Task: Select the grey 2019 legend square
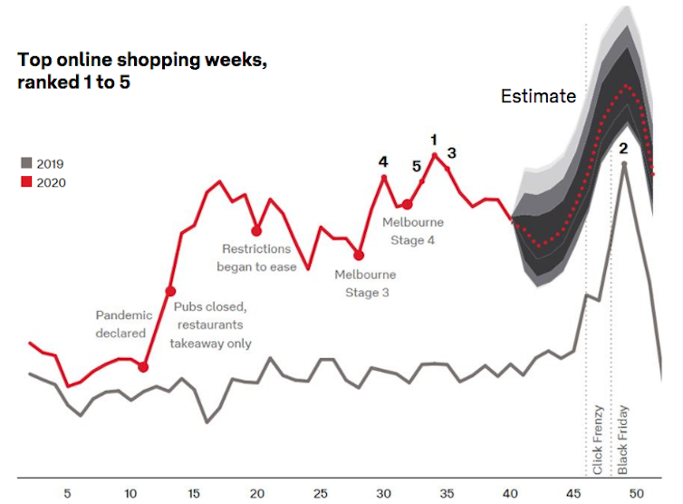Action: click(x=26, y=164)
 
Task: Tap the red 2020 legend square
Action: click(x=26, y=182)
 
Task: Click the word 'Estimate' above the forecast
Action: click(x=538, y=96)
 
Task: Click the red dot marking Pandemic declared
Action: click(x=143, y=366)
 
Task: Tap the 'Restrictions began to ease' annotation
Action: click(x=257, y=257)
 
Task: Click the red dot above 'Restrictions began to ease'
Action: click(x=257, y=230)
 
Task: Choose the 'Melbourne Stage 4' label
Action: click(x=413, y=230)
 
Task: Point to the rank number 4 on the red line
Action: click(x=383, y=161)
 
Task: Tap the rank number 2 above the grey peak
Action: click(x=623, y=148)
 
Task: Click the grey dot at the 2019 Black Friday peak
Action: click(x=623, y=164)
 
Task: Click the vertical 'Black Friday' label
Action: click(x=623, y=440)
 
